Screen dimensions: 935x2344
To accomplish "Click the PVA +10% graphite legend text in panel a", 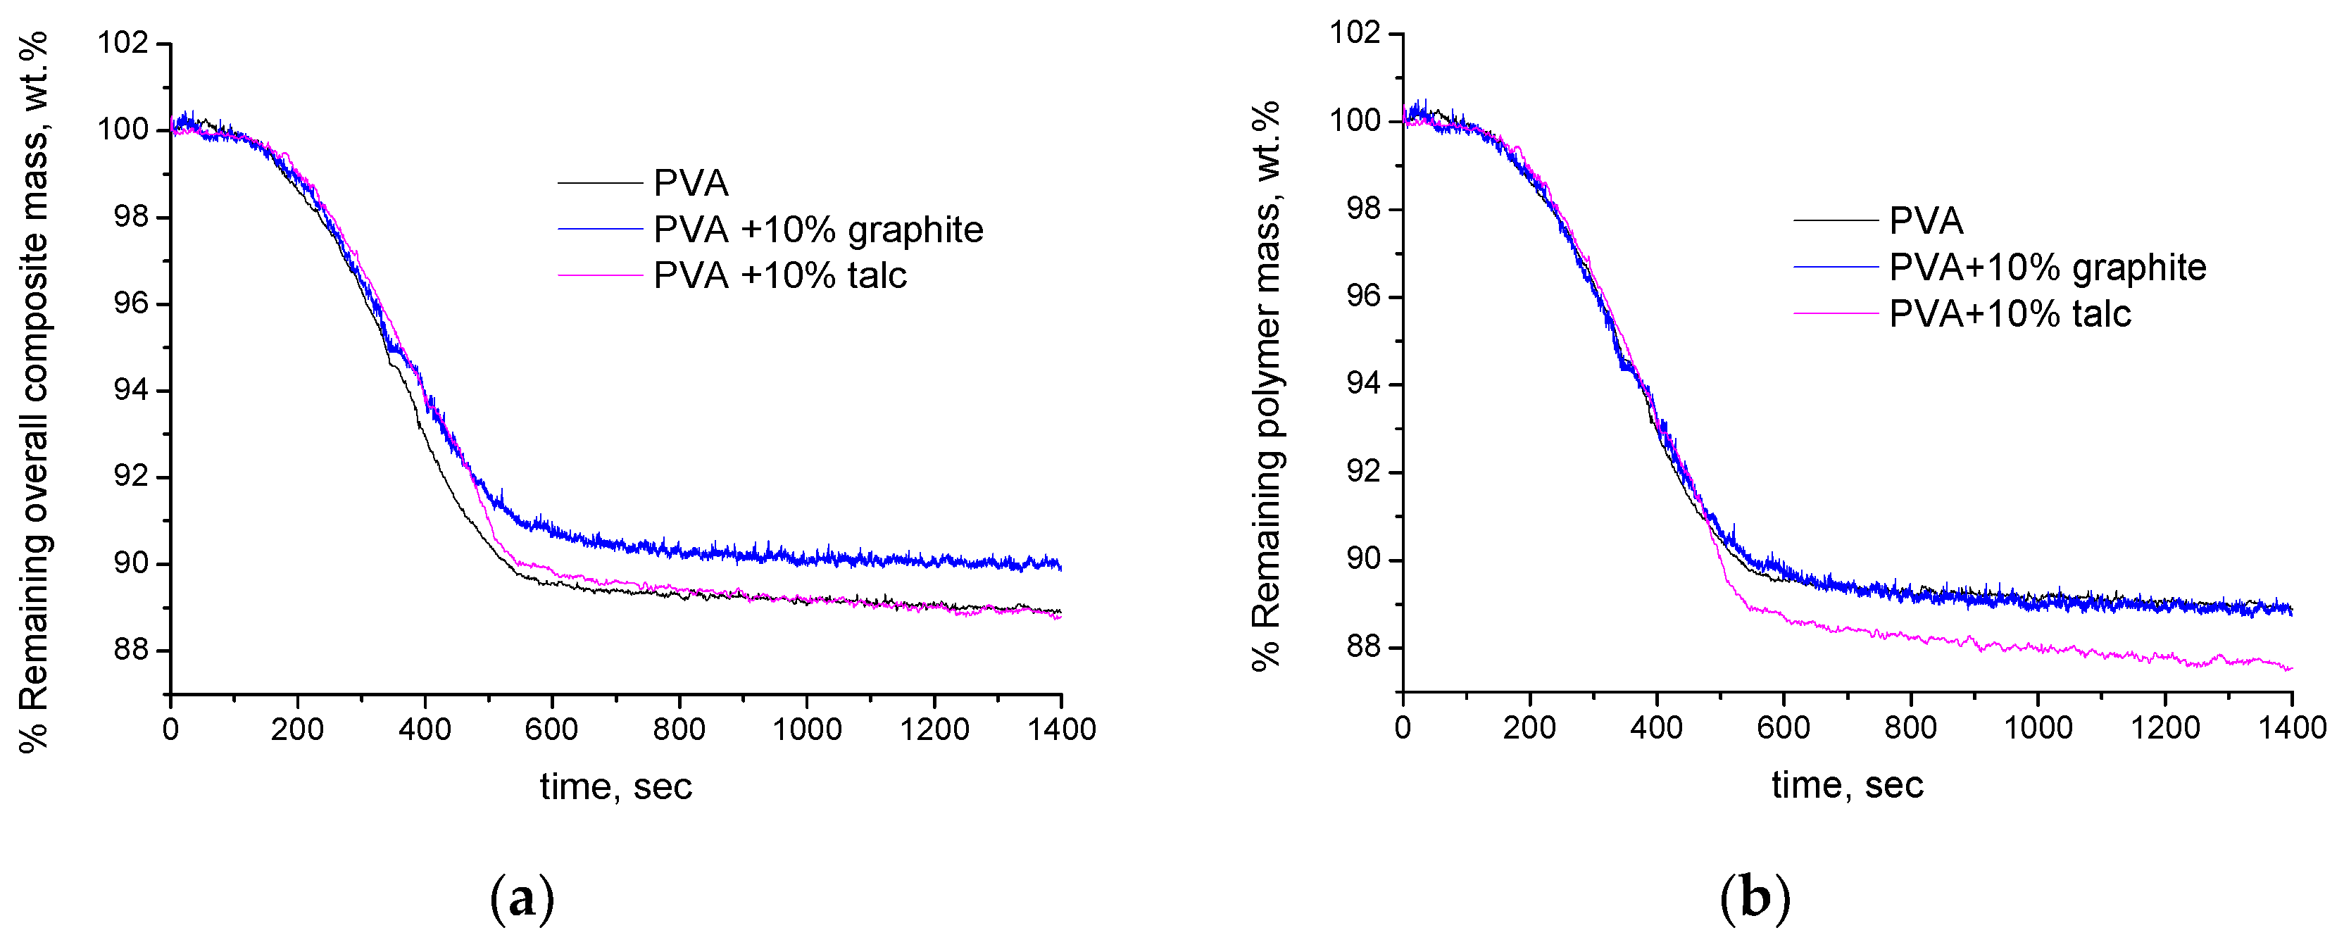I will tap(818, 230).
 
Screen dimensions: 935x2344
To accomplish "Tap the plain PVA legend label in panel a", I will tap(691, 184).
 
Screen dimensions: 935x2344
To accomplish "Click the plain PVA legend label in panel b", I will tap(1926, 221).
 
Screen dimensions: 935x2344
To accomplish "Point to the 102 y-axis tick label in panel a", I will tap(123, 43).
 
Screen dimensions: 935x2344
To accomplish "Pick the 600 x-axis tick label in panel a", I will tap(551, 729).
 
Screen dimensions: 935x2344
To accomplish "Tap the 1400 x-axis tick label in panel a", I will tap(1061, 729).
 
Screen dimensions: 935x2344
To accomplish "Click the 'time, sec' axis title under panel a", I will tap(615, 786).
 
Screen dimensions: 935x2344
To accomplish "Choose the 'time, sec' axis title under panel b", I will tap(1847, 785).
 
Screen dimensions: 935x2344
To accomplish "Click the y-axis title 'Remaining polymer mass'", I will tap(1267, 387).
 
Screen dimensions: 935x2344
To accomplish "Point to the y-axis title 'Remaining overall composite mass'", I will tap(35, 391).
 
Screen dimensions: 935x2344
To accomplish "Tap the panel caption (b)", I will tap(1755, 898).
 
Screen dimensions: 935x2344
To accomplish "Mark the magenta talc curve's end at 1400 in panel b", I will tap(2289, 668).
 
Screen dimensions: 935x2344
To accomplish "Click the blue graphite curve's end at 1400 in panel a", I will tap(1059, 566).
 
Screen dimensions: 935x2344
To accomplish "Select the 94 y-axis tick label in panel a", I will tap(130, 390).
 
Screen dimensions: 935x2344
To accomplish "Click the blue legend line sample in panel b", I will tap(1836, 267).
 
